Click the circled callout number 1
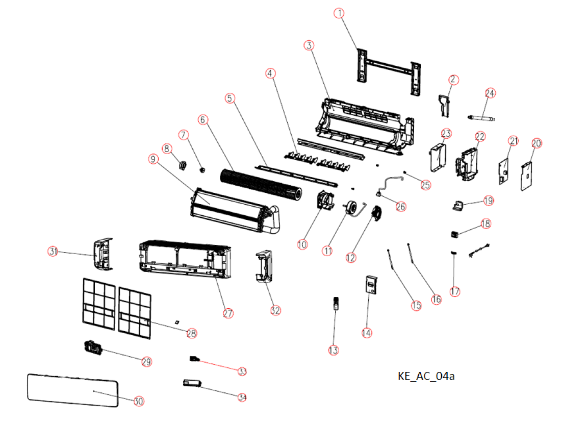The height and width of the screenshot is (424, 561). tap(339, 13)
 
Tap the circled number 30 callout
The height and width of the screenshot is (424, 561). tap(138, 401)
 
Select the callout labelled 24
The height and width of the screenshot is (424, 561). tap(490, 93)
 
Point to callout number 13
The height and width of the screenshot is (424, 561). tap(333, 350)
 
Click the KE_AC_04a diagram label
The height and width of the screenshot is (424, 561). tap(426, 376)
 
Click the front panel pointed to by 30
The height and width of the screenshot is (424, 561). tap(72, 390)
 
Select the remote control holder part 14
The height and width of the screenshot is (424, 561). tap(371, 285)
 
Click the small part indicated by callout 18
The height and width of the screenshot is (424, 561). tap(455, 234)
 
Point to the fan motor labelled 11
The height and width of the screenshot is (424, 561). tap(351, 208)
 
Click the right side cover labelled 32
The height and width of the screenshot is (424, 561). tap(264, 266)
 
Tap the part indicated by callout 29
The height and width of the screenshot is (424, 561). tap(93, 347)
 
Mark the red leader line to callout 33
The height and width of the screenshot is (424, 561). tap(218, 365)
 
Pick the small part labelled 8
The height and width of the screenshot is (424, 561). tap(183, 166)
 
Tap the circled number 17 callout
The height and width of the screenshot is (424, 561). tap(455, 291)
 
